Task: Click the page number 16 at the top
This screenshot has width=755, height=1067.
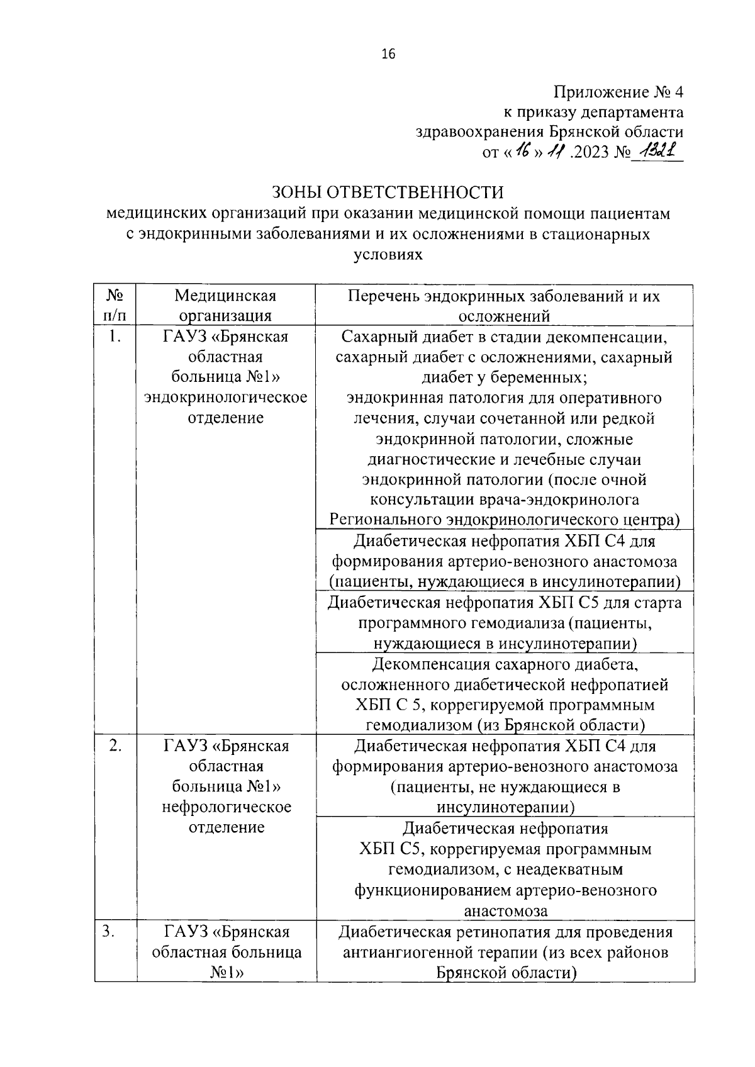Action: [388, 55]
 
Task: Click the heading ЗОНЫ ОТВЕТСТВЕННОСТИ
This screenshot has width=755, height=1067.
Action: [388, 192]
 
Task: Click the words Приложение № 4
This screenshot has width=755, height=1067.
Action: [618, 92]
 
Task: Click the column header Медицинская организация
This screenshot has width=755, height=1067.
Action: [225, 305]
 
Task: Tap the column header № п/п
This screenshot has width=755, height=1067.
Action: [115, 305]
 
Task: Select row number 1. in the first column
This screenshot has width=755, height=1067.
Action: [114, 337]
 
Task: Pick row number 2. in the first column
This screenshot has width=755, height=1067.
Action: [115, 746]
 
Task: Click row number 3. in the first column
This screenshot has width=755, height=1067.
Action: [109, 931]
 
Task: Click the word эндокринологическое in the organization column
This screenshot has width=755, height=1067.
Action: [225, 398]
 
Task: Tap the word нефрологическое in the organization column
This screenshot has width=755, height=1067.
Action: [226, 807]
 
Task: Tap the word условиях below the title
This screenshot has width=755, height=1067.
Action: [388, 255]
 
